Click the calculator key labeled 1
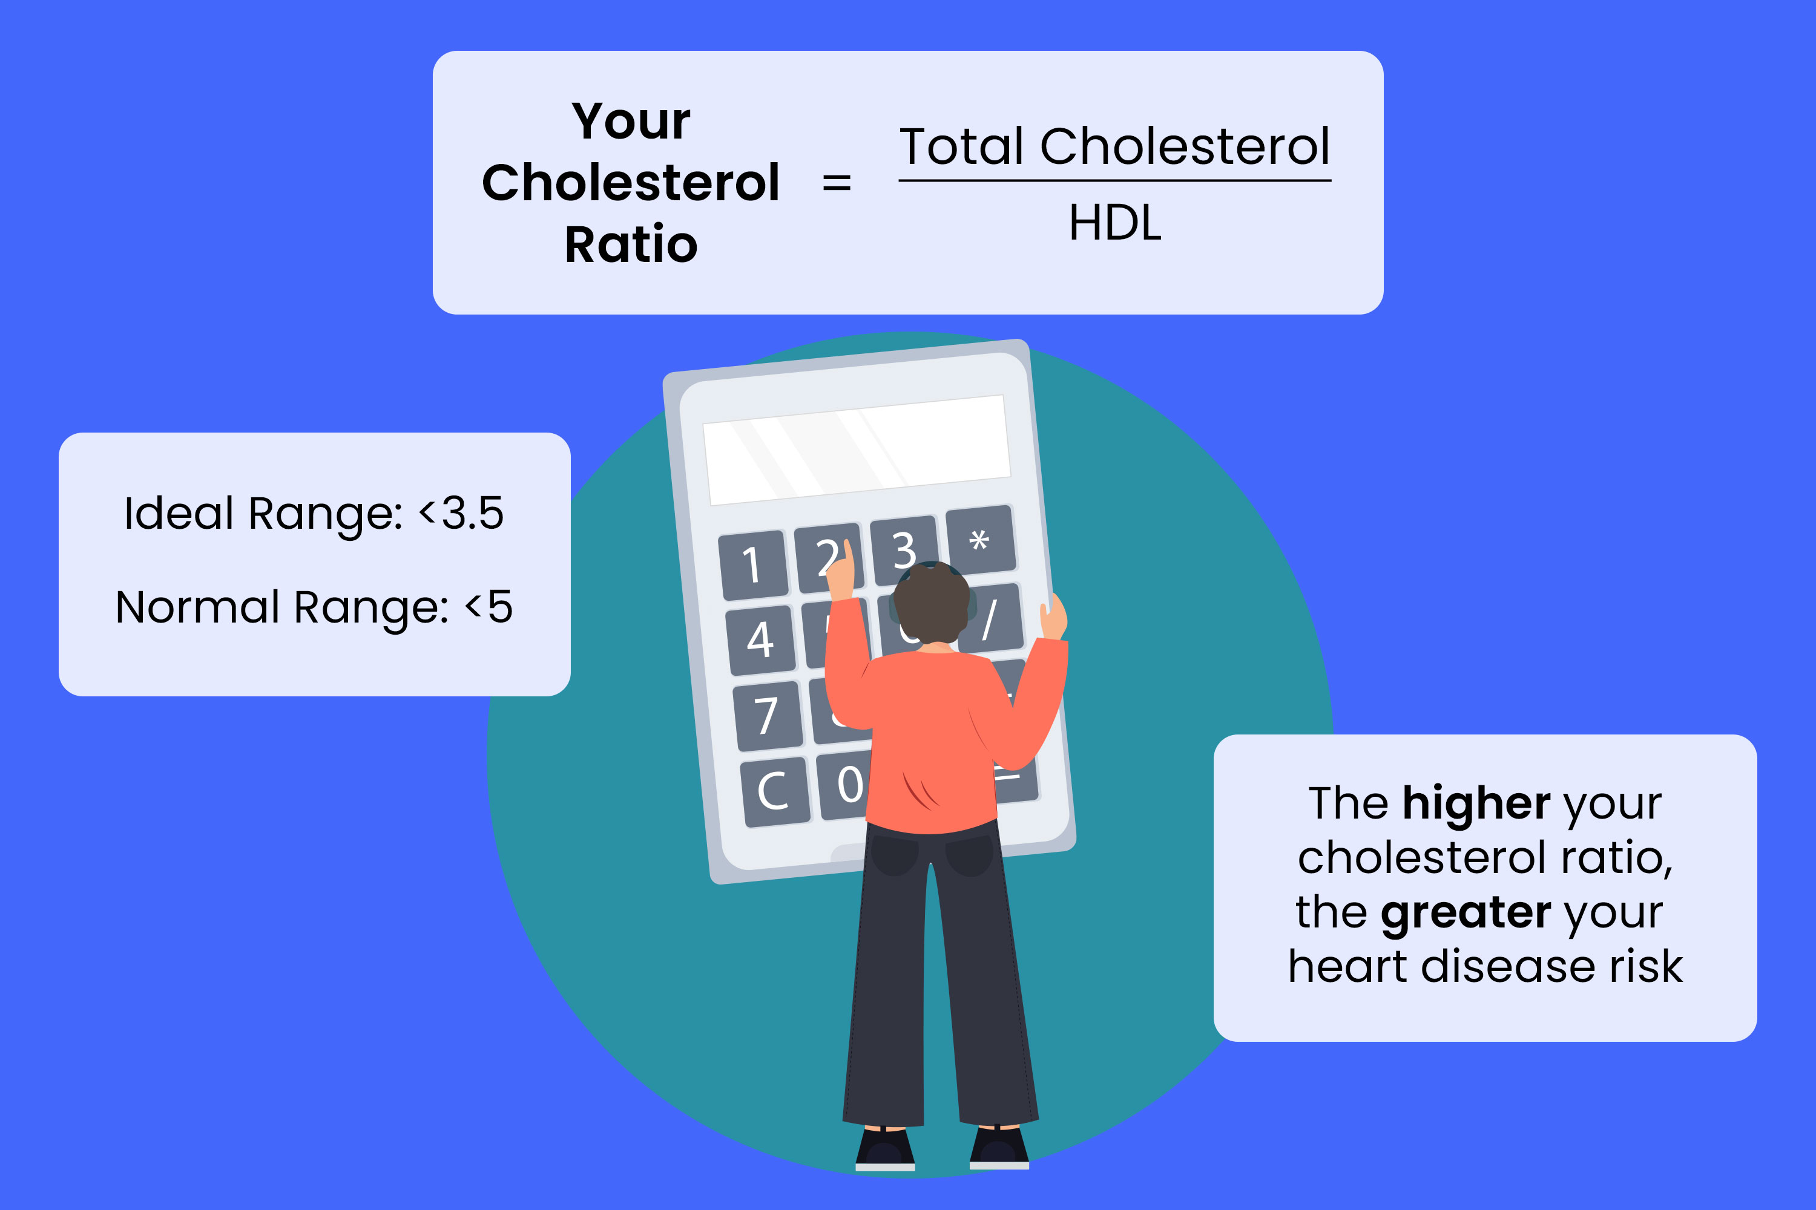[753, 565]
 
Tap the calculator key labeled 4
[760, 639]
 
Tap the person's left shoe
[885, 1150]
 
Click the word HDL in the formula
[1115, 224]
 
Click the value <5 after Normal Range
[488, 607]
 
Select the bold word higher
[1476, 803]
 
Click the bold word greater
[1465, 912]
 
